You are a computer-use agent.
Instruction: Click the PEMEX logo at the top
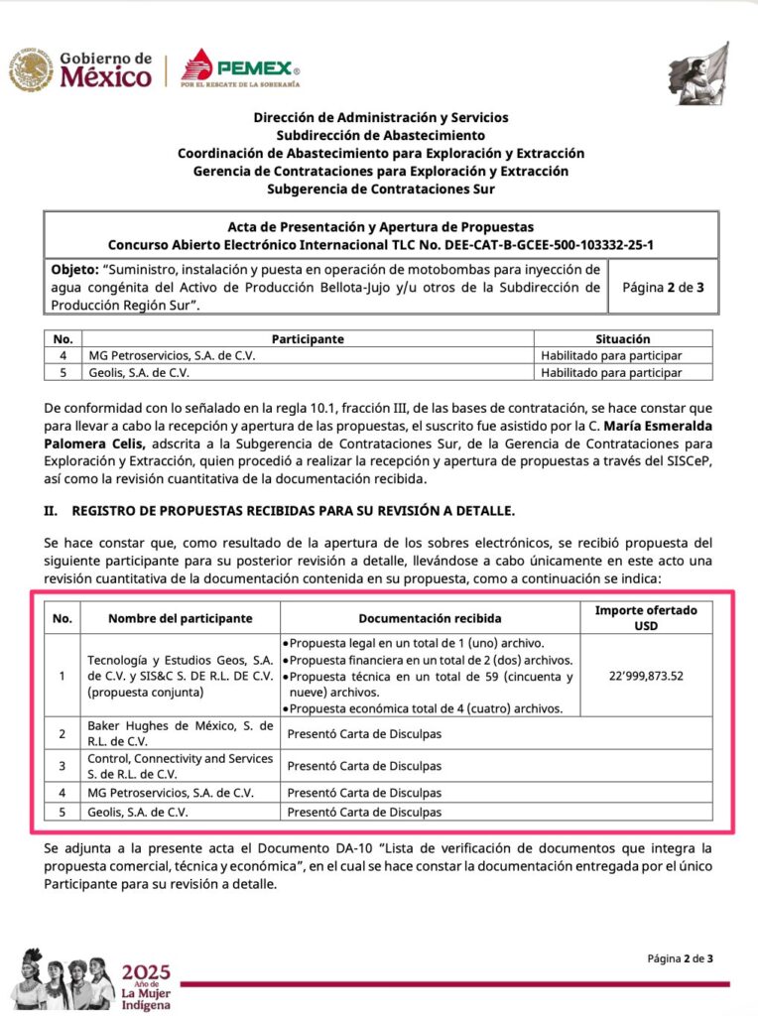pos(241,69)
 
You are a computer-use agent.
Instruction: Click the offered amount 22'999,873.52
pos(646,676)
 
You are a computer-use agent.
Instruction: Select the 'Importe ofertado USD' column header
pos(646,617)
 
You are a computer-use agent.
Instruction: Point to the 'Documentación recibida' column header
pos(430,618)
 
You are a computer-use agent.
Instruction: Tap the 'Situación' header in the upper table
pos(623,339)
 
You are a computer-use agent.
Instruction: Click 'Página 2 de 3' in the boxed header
pos(662,288)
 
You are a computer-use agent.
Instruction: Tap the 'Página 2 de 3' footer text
pos(680,958)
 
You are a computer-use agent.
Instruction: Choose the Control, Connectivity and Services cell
pos(180,765)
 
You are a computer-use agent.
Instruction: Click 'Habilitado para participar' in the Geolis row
pos(611,373)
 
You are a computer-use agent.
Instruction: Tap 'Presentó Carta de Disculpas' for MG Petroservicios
pos(364,793)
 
